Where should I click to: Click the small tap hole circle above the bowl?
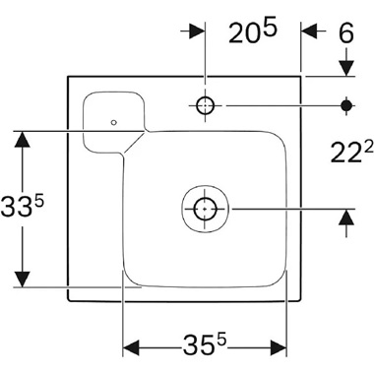click(x=204, y=104)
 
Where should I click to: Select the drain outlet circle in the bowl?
click(x=204, y=209)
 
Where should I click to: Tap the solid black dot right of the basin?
click(x=345, y=104)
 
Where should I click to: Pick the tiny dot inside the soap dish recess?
click(x=114, y=122)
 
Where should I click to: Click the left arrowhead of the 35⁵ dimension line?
click(x=131, y=347)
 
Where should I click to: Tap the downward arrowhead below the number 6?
click(x=345, y=68)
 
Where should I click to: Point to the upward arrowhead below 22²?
click(x=345, y=217)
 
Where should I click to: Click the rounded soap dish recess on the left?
click(x=113, y=116)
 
